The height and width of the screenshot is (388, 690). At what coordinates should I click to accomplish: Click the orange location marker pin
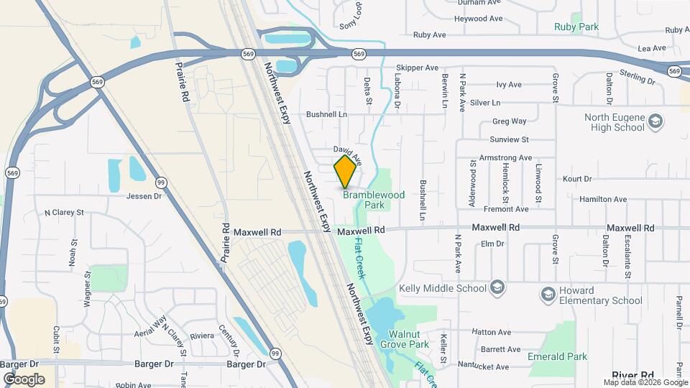[346, 172]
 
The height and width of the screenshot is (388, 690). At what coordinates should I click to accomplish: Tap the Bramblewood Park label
[374, 200]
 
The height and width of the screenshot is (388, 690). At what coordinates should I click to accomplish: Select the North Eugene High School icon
[655, 122]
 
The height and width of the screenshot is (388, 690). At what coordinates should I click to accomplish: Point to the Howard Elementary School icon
[548, 295]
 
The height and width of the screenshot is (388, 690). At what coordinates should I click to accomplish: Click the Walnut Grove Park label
[408, 339]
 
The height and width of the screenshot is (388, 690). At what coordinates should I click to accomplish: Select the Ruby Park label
[576, 27]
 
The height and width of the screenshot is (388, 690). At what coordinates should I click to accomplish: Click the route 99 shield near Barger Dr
[275, 353]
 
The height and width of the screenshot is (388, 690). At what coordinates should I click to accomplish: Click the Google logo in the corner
[24, 379]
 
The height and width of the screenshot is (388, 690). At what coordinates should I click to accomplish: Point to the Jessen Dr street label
[145, 195]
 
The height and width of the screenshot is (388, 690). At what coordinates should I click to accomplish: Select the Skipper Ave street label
[418, 68]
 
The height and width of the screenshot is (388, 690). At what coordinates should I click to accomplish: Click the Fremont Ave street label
[507, 209]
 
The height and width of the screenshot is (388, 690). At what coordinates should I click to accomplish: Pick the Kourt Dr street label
[577, 178]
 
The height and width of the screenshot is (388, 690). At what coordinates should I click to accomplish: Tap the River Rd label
[632, 375]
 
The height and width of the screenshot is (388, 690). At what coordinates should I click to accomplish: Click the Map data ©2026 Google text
[645, 382]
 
